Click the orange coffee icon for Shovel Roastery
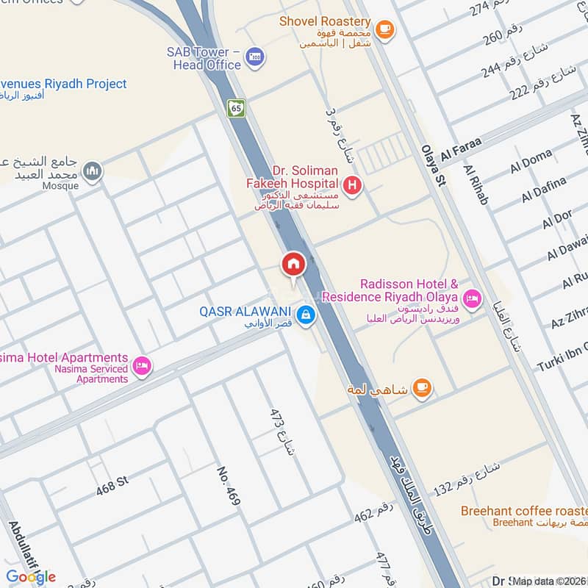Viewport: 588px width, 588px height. pos(384,30)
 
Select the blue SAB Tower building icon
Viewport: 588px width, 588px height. pos(255,57)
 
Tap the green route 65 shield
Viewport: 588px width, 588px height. pos(236,108)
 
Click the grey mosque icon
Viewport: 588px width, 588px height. pos(91,171)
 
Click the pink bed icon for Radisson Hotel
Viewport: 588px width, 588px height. pos(472,298)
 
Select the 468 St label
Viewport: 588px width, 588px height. pos(112,481)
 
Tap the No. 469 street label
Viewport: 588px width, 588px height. pos(229,487)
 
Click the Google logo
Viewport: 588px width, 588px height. pos(31,576)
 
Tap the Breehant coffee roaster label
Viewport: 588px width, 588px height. pos(523,511)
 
